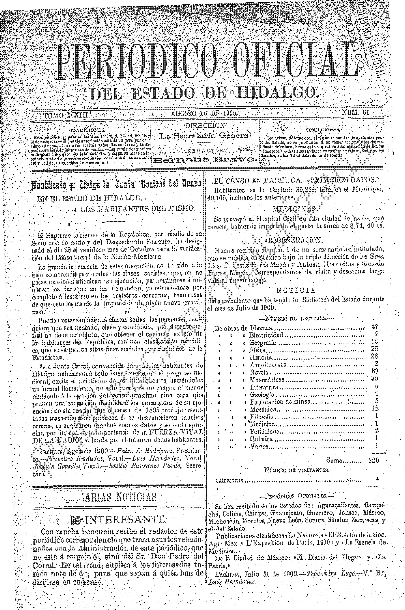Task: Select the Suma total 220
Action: [374, 460]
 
